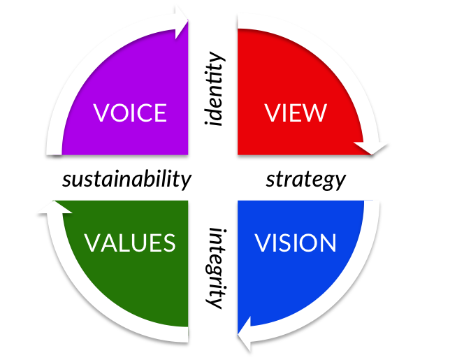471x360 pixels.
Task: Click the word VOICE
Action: [130, 113]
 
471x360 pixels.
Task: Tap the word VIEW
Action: [296, 113]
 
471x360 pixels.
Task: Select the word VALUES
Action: [130, 243]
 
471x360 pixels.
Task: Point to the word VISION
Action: [296, 243]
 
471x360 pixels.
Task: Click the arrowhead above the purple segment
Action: [182, 21]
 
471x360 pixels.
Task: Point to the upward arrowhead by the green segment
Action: [54, 208]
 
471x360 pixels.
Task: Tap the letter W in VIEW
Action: [315, 113]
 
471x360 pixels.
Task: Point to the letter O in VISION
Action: [309, 243]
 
